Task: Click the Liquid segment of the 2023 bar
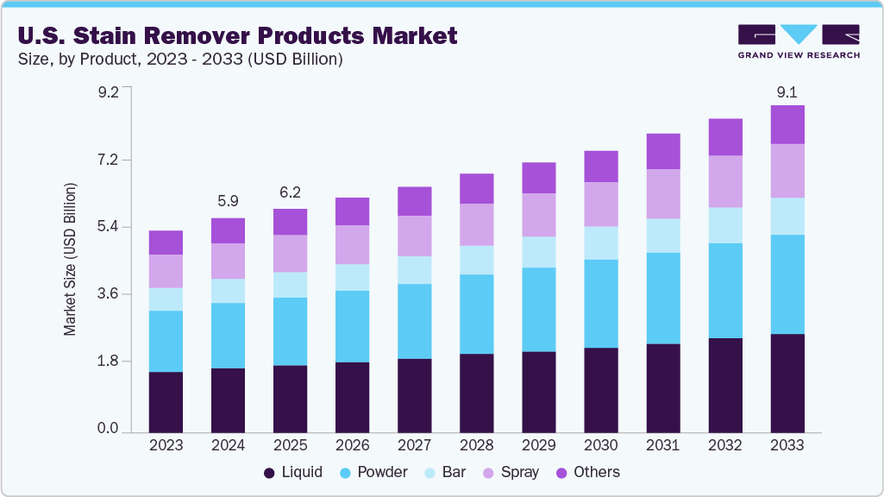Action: (166, 401)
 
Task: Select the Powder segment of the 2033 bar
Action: (787, 284)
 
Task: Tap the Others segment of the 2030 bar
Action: (601, 166)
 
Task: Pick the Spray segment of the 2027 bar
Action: (414, 236)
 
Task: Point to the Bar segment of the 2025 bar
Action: (290, 285)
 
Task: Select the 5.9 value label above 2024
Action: (228, 201)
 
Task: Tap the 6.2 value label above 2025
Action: (290, 192)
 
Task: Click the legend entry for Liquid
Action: (293, 472)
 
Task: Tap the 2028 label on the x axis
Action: (476, 445)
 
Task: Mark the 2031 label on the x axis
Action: (663, 445)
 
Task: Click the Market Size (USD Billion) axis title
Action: (70, 260)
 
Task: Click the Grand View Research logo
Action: (798, 41)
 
